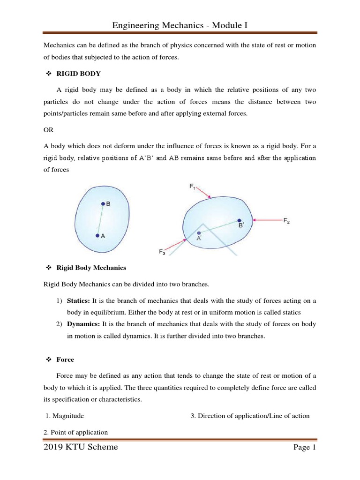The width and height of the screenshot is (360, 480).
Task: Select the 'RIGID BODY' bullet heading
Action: pos(78,74)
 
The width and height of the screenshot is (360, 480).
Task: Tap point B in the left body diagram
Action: pos(103,204)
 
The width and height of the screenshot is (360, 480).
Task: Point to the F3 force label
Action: pos(162,252)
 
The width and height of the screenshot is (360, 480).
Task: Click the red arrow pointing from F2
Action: pos(267,219)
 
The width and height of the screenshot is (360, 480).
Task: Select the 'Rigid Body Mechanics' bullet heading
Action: pos(91,268)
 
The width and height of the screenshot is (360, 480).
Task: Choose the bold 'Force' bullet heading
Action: pos(65,360)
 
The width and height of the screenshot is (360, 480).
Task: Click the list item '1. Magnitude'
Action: pos(65,416)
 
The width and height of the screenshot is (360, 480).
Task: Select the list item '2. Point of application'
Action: pos(76,432)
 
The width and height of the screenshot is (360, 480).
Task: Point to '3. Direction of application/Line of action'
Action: pos(250,416)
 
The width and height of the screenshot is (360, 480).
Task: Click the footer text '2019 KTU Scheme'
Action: pos(81,447)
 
